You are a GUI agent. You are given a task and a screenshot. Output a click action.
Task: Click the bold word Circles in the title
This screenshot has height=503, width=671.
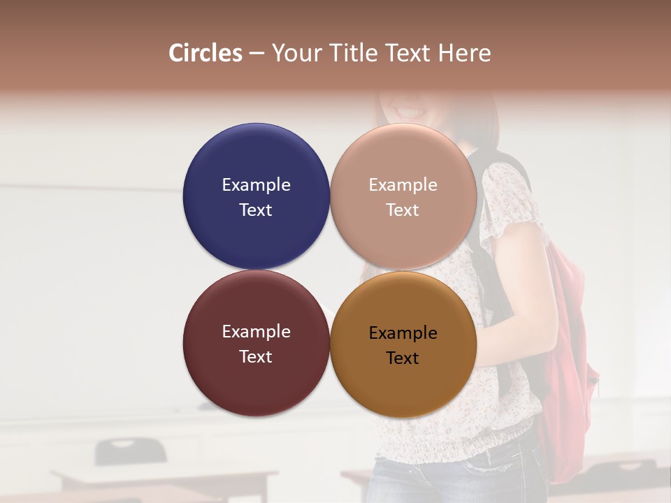205,52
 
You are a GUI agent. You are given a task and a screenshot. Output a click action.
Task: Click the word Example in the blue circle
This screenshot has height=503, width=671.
256,185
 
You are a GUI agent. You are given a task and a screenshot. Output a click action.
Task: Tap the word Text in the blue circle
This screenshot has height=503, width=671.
256,210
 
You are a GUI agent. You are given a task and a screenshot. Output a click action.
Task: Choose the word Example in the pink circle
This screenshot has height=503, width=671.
403,185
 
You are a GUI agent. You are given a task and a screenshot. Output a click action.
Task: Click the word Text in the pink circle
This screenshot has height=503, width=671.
403,210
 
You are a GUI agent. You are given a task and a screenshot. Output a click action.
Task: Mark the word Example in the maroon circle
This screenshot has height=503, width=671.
256,332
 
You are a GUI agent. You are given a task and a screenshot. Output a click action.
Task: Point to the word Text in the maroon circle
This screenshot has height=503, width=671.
256,357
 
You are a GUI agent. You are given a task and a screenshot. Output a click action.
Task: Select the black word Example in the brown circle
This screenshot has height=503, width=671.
403,333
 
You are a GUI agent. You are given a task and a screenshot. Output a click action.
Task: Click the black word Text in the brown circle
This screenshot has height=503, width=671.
403,358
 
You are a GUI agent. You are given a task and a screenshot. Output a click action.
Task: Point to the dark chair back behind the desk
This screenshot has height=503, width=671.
130,451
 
